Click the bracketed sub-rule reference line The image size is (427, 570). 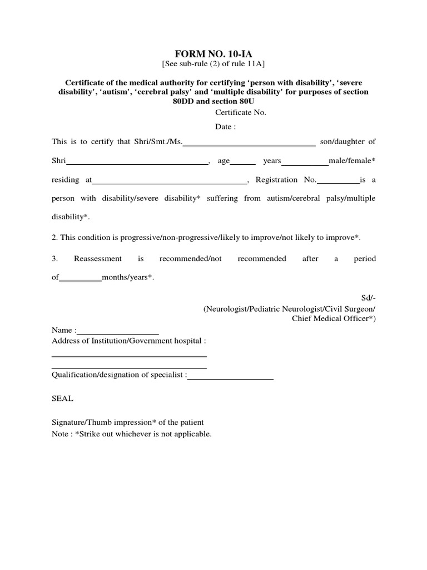click(213, 64)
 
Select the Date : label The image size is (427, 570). click(226, 127)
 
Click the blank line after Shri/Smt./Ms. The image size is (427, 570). click(249, 144)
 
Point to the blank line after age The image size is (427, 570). click(242, 163)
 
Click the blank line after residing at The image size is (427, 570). click(170, 182)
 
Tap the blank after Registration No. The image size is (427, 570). click(338, 182)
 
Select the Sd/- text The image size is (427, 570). click(369, 298)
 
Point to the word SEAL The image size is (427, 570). click(62, 399)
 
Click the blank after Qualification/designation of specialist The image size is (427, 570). click(230, 378)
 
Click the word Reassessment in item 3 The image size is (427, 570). click(97, 259)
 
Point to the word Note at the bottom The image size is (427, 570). click(61, 434)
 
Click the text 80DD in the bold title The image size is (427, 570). click(186, 102)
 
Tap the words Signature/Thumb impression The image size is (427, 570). click(100, 422)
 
